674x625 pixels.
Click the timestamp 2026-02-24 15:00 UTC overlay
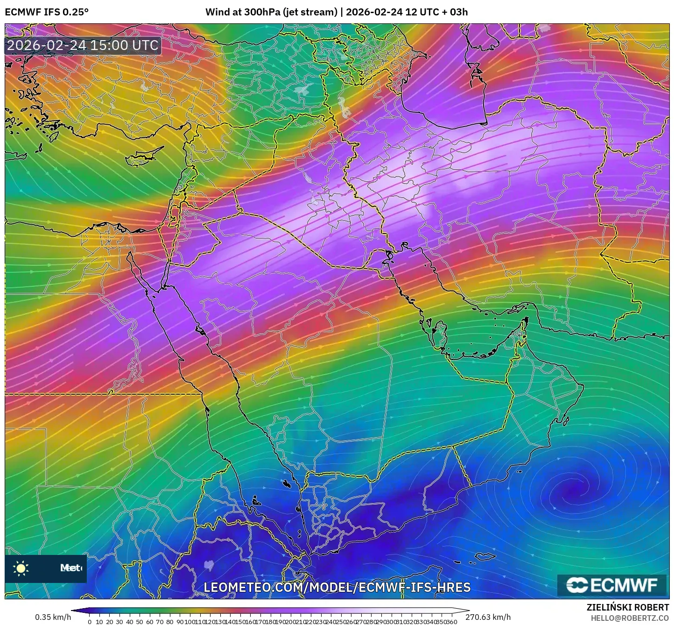pyautogui.click(x=83, y=45)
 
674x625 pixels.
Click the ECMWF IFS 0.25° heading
pyautogui.click(x=46, y=12)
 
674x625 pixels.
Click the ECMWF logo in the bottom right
pyautogui.click(x=612, y=585)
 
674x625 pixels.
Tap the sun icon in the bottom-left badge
pyautogui.click(x=21, y=568)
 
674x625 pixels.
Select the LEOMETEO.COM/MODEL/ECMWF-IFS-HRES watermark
pyautogui.click(x=337, y=587)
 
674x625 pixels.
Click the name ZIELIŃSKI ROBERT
pyautogui.click(x=627, y=607)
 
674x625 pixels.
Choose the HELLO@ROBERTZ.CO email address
pyautogui.click(x=630, y=618)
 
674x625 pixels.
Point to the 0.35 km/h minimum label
pyautogui.click(x=53, y=617)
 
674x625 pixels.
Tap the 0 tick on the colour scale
pyautogui.click(x=90, y=622)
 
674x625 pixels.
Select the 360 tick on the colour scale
pyautogui.click(x=452, y=622)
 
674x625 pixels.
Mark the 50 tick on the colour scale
pyautogui.click(x=140, y=622)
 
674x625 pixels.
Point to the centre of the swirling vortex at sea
pyautogui.click(x=570, y=490)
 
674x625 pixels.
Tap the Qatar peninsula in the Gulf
pyautogui.click(x=439, y=331)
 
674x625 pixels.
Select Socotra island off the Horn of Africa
pyautogui.click(x=485, y=556)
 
